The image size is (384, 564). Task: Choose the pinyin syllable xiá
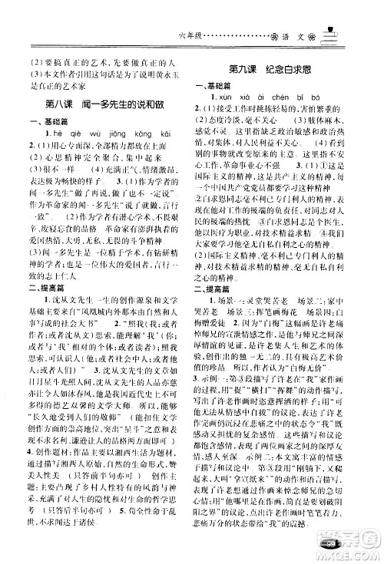243,98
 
